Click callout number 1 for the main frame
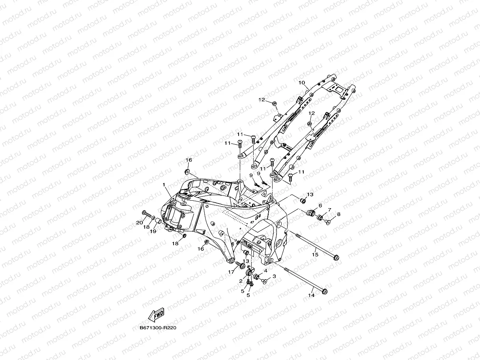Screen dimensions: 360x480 click(x=164, y=185)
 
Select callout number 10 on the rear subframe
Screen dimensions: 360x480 click(x=302, y=83)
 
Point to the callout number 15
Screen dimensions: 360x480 click(x=315, y=255)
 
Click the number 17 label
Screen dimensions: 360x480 click(x=231, y=272)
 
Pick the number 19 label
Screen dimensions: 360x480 click(x=153, y=231)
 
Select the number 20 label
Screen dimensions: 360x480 click(x=139, y=223)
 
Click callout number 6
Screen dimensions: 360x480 click(x=320, y=205)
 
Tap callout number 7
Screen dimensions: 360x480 click(x=329, y=210)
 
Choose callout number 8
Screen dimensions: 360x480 click(x=338, y=214)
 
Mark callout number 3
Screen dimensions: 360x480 click(x=274, y=276)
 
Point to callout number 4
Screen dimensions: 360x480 click(x=266, y=271)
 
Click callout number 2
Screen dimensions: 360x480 click(x=240, y=281)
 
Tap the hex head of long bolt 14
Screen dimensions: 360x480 click(x=325, y=291)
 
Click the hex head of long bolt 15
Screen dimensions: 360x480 click(x=336, y=258)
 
